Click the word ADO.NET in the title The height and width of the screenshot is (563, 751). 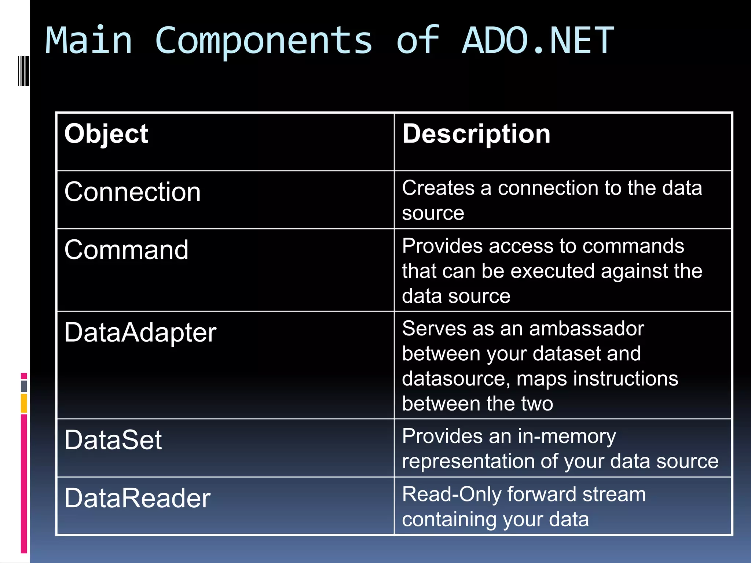pyautogui.click(x=538, y=41)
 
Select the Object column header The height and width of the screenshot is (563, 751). pyautogui.click(x=106, y=134)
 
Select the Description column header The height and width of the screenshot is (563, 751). pyautogui.click(x=476, y=134)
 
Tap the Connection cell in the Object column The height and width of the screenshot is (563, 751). pyautogui.click(x=132, y=192)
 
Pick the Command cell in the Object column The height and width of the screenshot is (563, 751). pyautogui.click(x=126, y=250)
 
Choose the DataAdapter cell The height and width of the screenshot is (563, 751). pyautogui.click(x=140, y=333)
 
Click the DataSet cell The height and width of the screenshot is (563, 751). pyautogui.click(x=113, y=440)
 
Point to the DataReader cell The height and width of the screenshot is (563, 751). pyautogui.click(x=137, y=498)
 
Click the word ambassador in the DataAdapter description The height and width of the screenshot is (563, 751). pyautogui.click(x=586, y=329)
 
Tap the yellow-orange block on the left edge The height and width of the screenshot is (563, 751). pyautogui.click(x=24, y=403)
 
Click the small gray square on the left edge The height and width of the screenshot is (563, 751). pyautogui.click(x=24, y=386)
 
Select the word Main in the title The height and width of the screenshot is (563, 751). pyautogui.click(x=88, y=41)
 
